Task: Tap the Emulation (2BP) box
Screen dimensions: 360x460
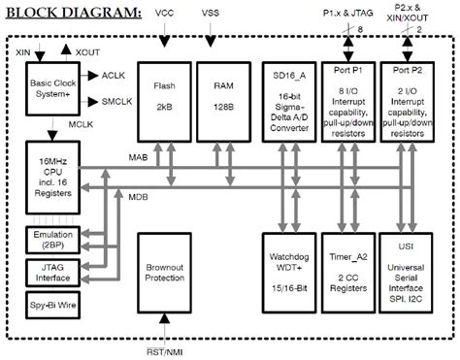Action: tap(53, 240)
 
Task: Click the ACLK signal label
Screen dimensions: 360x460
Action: tap(114, 74)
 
